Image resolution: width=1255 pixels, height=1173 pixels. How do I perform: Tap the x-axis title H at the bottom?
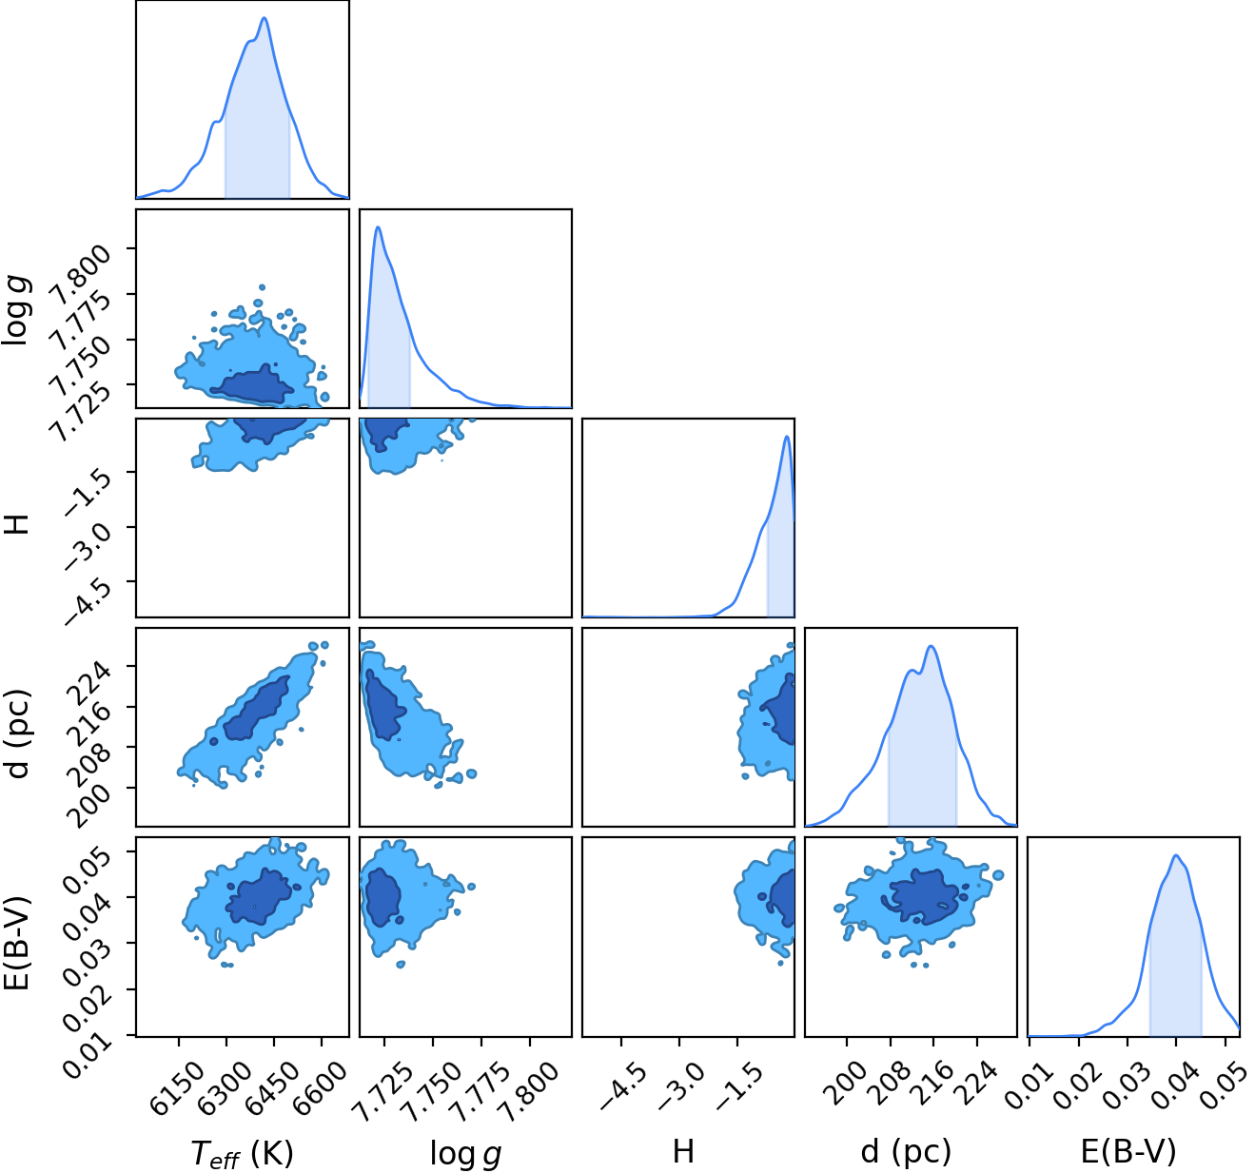pos(683,1151)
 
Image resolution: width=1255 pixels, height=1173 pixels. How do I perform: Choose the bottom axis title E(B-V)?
pos(1129,1151)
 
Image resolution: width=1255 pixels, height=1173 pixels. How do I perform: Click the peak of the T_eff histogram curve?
pos(265,18)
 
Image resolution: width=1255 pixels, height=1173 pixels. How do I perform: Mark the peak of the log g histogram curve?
pos(378,226)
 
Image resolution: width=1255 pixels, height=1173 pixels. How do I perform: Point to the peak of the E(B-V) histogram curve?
pos(1175,856)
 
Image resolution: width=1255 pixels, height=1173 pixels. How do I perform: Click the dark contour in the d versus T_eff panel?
pos(257,708)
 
